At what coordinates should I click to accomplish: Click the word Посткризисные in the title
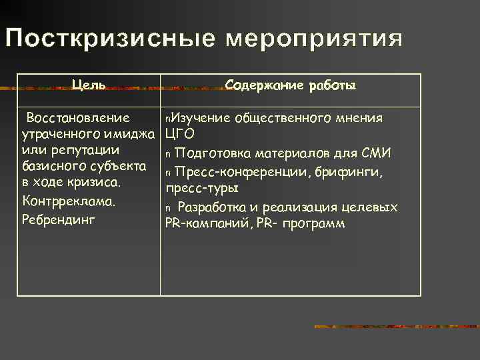click(110, 39)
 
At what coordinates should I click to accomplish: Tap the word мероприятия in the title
click(313, 39)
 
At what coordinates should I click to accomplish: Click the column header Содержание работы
click(291, 85)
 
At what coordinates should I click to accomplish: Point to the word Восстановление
click(77, 118)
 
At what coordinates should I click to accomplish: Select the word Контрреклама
click(69, 200)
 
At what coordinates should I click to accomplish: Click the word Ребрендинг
click(59, 219)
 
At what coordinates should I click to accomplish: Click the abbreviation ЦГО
click(180, 135)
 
